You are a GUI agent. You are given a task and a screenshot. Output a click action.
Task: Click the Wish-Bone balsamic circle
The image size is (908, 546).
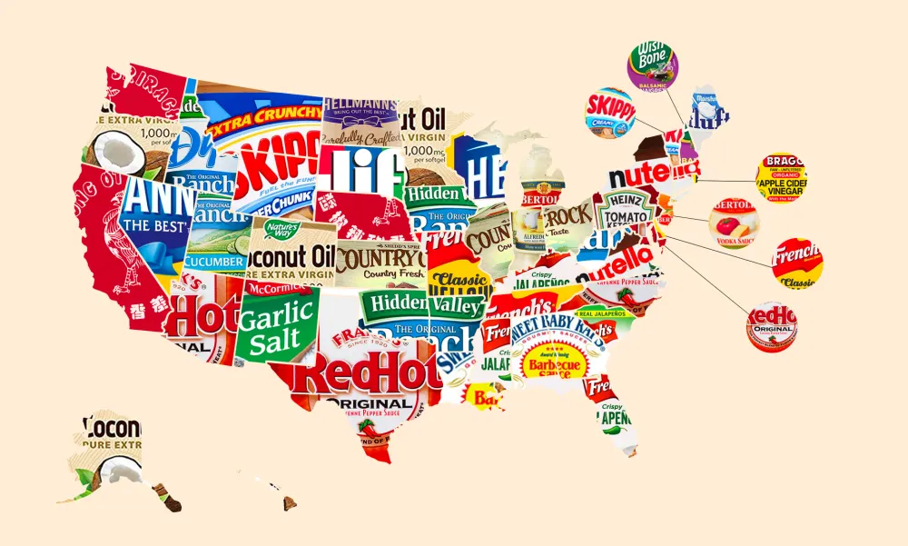(x=652, y=65)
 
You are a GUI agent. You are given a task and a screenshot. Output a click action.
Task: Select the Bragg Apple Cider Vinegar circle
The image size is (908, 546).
(x=780, y=175)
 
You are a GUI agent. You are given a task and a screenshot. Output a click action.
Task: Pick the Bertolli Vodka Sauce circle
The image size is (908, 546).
(x=733, y=223)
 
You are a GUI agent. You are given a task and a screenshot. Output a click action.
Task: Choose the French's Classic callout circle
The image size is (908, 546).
(x=797, y=263)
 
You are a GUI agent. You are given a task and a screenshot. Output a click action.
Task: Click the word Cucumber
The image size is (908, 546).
(x=215, y=261)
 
